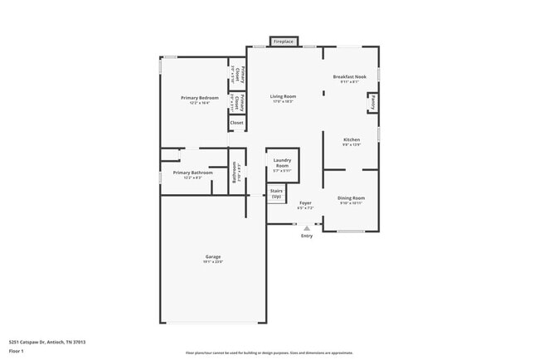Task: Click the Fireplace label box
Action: pos(284,41)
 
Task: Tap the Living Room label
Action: pos(283,96)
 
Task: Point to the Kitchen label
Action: pos(352,139)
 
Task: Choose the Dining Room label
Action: pos(351,197)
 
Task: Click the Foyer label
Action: pos(305,202)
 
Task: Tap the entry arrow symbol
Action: pos(307,228)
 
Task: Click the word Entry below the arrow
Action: pos(307,236)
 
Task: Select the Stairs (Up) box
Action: pos(276,194)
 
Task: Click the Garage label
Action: pos(213,256)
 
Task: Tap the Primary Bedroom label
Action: pos(194,98)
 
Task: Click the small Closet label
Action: pos(236,123)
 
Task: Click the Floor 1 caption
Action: pos(17,351)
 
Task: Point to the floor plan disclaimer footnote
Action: pos(269,353)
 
